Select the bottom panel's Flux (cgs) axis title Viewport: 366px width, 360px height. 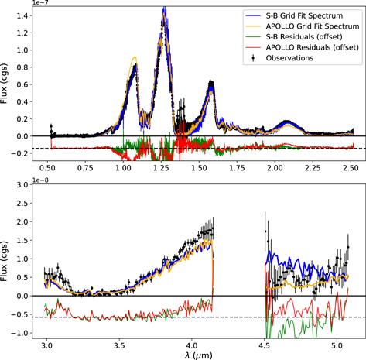tap(7, 259)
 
